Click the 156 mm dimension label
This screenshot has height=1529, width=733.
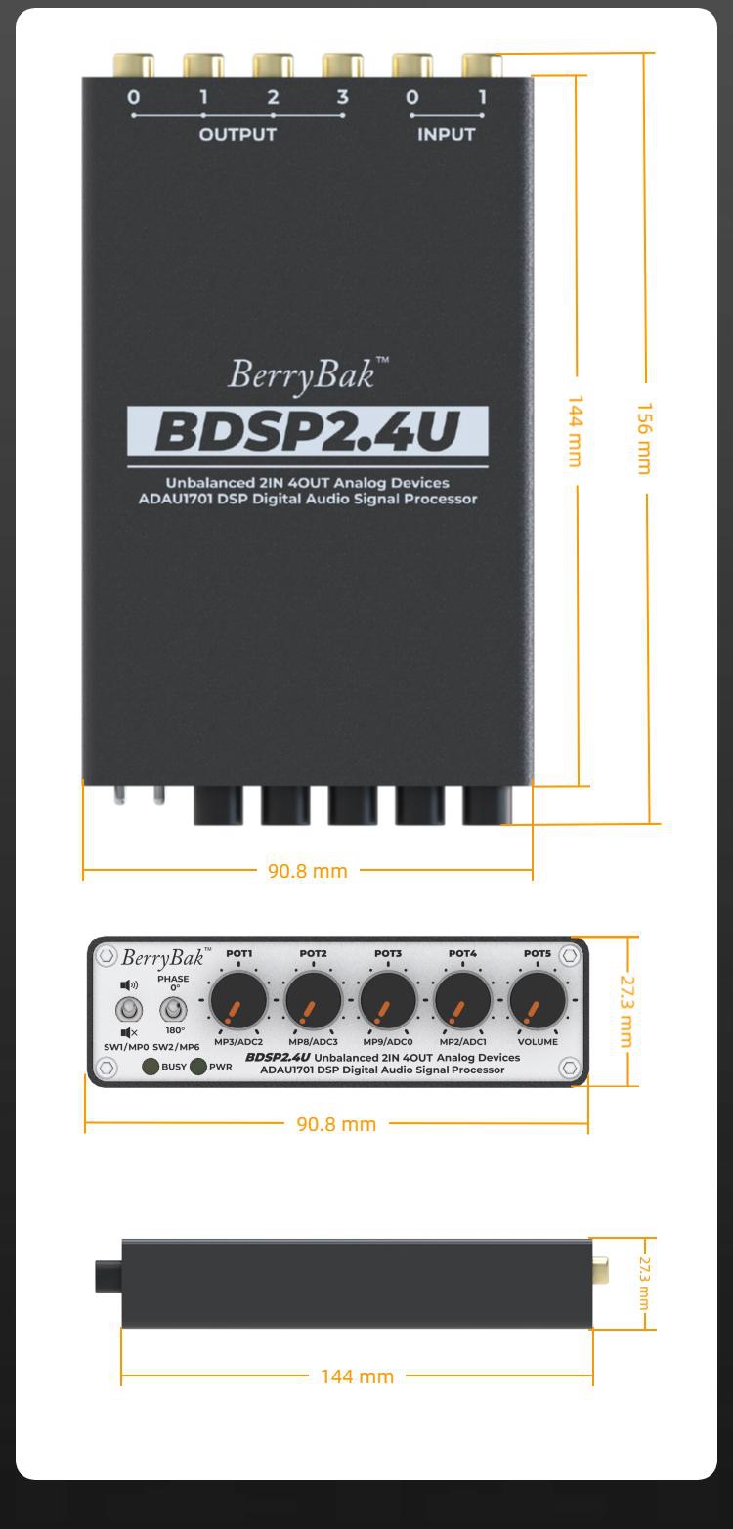pyautogui.click(x=643, y=438)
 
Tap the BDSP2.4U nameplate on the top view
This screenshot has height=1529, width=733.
pyautogui.click(x=308, y=431)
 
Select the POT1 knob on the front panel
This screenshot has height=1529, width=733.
pyautogui.click(x=238, y=1000)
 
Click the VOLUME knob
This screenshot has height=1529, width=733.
pyautogui.click(x=537, y=1000)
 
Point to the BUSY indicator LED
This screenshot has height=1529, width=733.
pyautogui.click(x=151, y=1067)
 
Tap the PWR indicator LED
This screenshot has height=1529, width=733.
pyautogui.click(x=198, y=1067)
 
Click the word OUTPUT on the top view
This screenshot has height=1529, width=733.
pyautogui.click(x=237, y=135)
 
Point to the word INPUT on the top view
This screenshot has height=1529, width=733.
pyautogui.click(x=447, y=135)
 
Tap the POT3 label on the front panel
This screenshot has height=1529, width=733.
pyautogui.click(x=388, y=953)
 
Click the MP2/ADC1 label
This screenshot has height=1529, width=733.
pyautogui.click(x=463, y=1042)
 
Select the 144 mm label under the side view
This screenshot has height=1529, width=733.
pyautogui.click(x=357, y=1376)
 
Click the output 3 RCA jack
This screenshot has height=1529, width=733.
pyautogui.click(x=343, y=66)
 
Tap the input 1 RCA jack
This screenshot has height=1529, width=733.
pyautogui.click(x=482, y=66)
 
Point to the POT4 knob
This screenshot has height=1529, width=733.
pyautogui.click(x=462, y=1000)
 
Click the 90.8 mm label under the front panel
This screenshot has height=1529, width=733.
pyautogui.click(x=336, y=1124)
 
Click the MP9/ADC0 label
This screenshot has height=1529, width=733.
pyautogui.click(x=388, y=1042)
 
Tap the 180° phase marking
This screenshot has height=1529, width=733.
pyautogui.click(x=175, y=1030)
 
